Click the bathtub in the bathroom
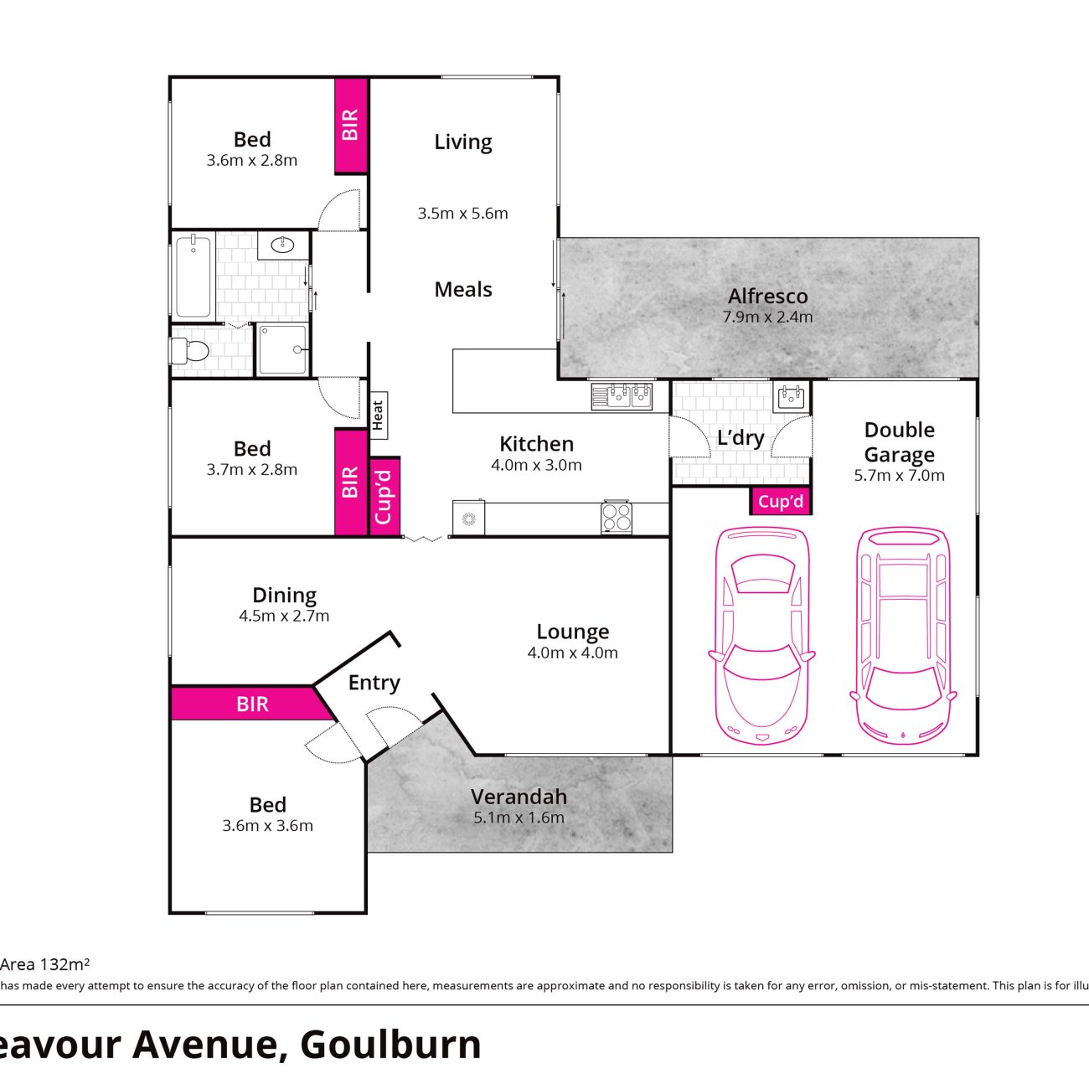tap(194, 276)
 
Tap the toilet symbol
tap(190, 351)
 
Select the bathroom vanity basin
tap(282, 245)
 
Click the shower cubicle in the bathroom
tap(282, 349)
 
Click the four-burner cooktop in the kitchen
tap(617, 517)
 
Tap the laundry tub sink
tap(791, 397)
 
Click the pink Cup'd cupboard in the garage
tap(781, 501)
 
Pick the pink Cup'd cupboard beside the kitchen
tap(385, 496)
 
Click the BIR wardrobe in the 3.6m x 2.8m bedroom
tap(351, 125)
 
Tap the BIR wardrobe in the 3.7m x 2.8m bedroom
tap(351, 482)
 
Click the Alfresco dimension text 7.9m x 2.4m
tap(767, 317)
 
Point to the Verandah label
tap(519, 797)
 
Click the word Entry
tap(374, 683)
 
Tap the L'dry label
tap(741, 437)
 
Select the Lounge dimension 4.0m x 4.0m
tap(572, 653)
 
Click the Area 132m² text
tap(44, 964)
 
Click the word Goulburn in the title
tap(390, 1044)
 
